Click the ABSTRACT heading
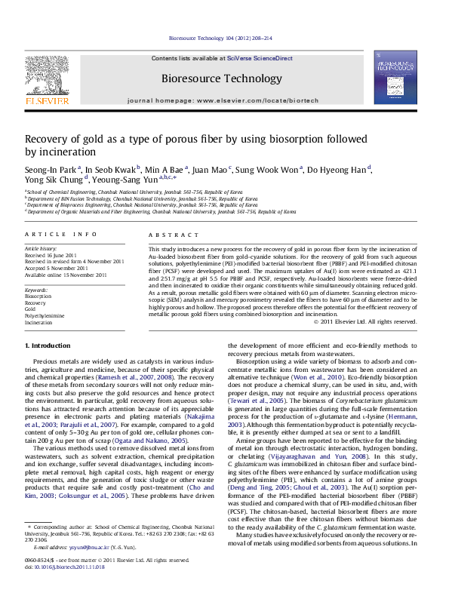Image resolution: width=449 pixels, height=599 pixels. pyautogui.click(x=168, y=235)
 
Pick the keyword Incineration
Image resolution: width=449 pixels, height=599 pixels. pyautogui.click(x=38, y=322)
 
